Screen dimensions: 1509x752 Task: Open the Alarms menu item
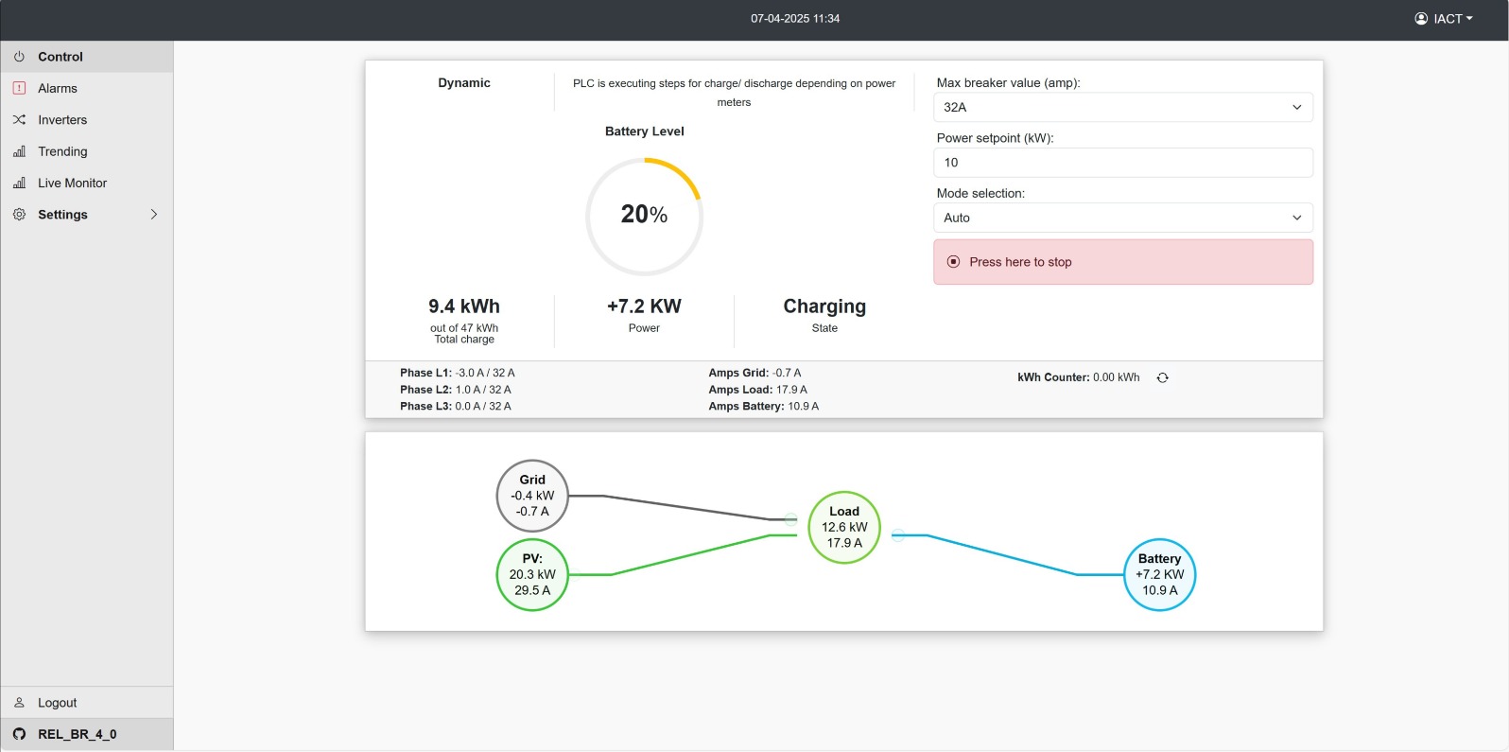coord(58,88)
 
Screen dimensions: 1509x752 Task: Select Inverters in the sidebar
coord(62,120)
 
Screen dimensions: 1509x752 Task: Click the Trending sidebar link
coord(62,151)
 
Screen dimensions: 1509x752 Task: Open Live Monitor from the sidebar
coord(72,184)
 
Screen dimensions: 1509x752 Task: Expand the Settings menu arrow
coord(153,215)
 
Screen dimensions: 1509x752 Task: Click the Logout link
coord(57,702)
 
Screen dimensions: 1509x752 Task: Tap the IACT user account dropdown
coord(1443,19)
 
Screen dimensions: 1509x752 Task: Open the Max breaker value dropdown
coord(1123,107)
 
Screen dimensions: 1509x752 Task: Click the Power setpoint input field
coord(1123,163)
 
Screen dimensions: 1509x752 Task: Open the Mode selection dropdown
coord(1123,218)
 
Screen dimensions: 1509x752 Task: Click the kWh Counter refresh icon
coord(1163,377)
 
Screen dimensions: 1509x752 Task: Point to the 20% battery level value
coord(644,215)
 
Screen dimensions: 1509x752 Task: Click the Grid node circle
coord(532,496)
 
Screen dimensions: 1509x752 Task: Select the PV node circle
coord(532,575)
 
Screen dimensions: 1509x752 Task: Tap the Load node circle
coord(844,528)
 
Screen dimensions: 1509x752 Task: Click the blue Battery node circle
coord(1159,575)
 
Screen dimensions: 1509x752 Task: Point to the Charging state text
coord(824,306)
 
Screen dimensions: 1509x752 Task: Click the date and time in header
coord(795,19)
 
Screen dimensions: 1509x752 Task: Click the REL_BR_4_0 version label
coord(77,734)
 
